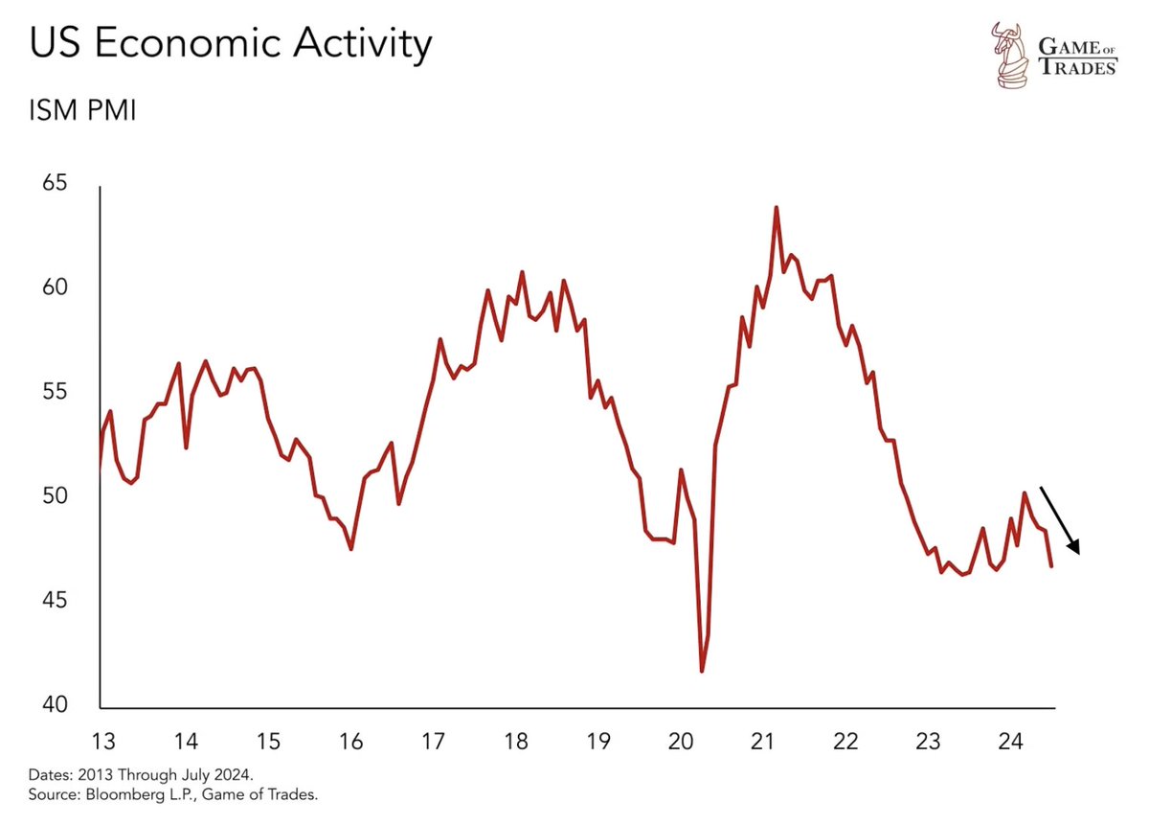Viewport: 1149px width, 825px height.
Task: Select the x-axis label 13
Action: point(102,741)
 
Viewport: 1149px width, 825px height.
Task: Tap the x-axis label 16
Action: point(350,741)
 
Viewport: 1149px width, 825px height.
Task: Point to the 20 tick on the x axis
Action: point(680,741)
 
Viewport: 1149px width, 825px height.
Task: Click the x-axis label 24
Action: point(1010,741)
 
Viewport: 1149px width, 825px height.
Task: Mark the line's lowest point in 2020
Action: point(702,671)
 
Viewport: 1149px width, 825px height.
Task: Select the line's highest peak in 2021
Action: point(777,207)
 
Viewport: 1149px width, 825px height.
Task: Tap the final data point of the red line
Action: point(1051,566)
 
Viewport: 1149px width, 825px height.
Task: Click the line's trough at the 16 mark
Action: point(351,549)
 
